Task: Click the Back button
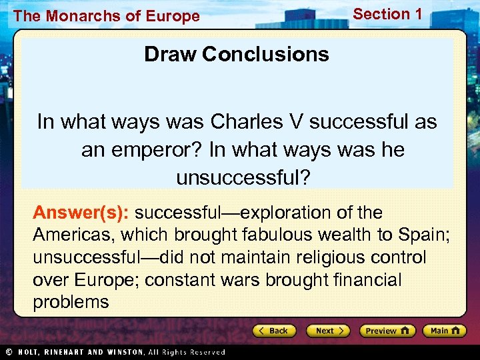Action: [x=273, y=331]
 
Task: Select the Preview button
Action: [x=387, y=331]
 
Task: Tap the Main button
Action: [x=447, y=331]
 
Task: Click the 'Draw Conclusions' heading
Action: [x=237, y=54]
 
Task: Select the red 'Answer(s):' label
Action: [x=81, y=213]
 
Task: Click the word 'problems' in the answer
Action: [x=71, y=302]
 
